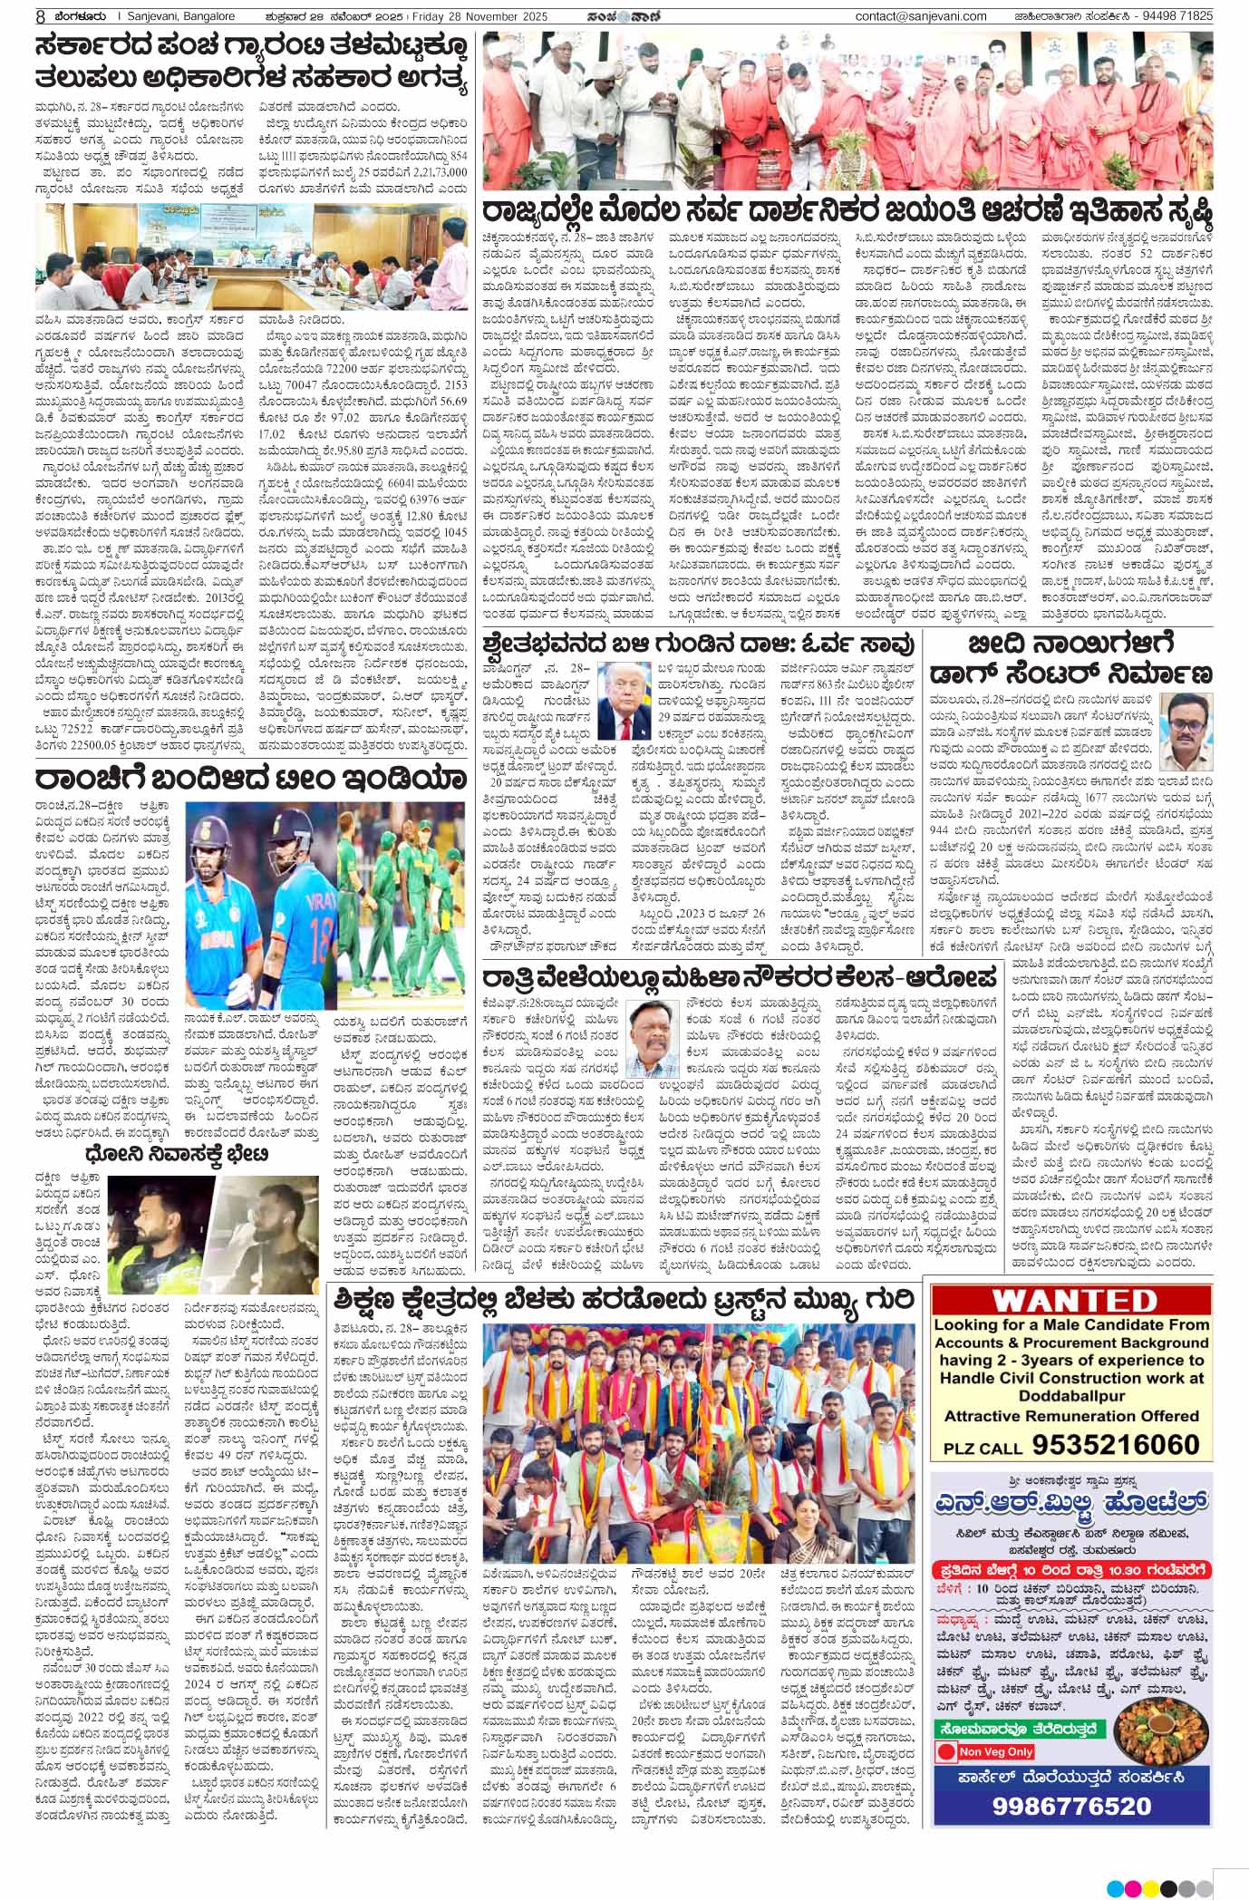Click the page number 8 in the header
pos(15,16)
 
